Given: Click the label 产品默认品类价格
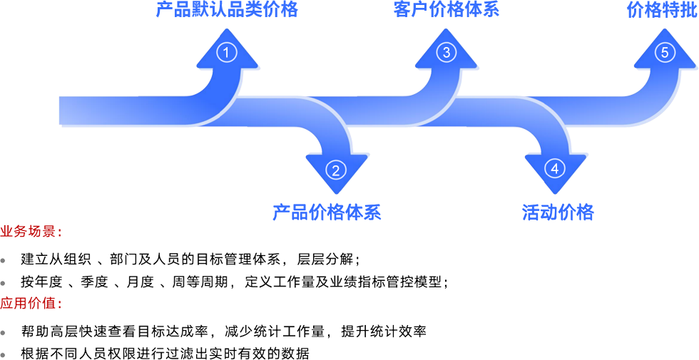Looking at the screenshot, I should pos(227,9).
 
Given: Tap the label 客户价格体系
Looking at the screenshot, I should pos(446,9).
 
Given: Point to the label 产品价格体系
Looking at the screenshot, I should pos(327,212).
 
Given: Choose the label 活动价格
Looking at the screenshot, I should pos(558,212).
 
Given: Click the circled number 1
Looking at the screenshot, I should pos(226,53).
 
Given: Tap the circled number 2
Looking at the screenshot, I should pos(336,169).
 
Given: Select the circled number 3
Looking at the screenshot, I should pos(447,52).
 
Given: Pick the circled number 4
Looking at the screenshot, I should pos(555,169).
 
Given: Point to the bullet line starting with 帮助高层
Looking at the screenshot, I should pos(221,331).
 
